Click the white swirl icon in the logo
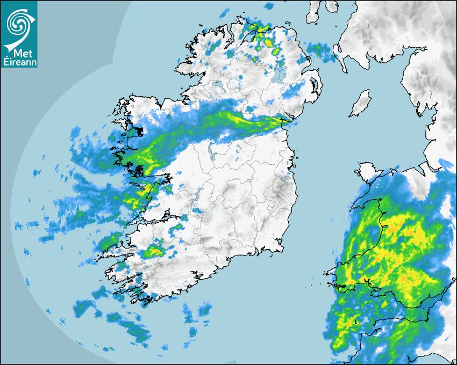[17, 23]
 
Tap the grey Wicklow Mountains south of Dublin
[280, 191]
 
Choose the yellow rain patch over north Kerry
[154, 250]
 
